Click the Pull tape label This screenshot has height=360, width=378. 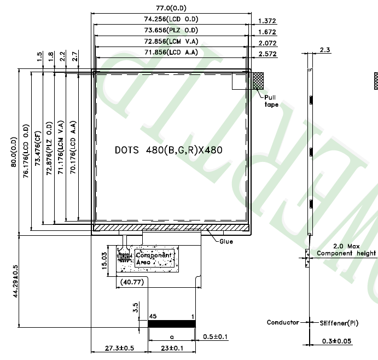pyautogui.click(x=272, y=101)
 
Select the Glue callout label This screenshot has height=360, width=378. pyautogui.click(x=226, y=241)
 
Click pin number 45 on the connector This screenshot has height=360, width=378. pyautogui.click(x=153, y=316)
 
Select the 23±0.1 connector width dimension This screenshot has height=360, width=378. pyautogui.click(x=172, y=348)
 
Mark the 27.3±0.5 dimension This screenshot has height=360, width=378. pyautogui.click(x=119, y=348)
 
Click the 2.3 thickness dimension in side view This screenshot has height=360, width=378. pyautogui.click(x=324, y=50)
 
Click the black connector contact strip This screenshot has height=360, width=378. pyautogui.click(x=172, y=324)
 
